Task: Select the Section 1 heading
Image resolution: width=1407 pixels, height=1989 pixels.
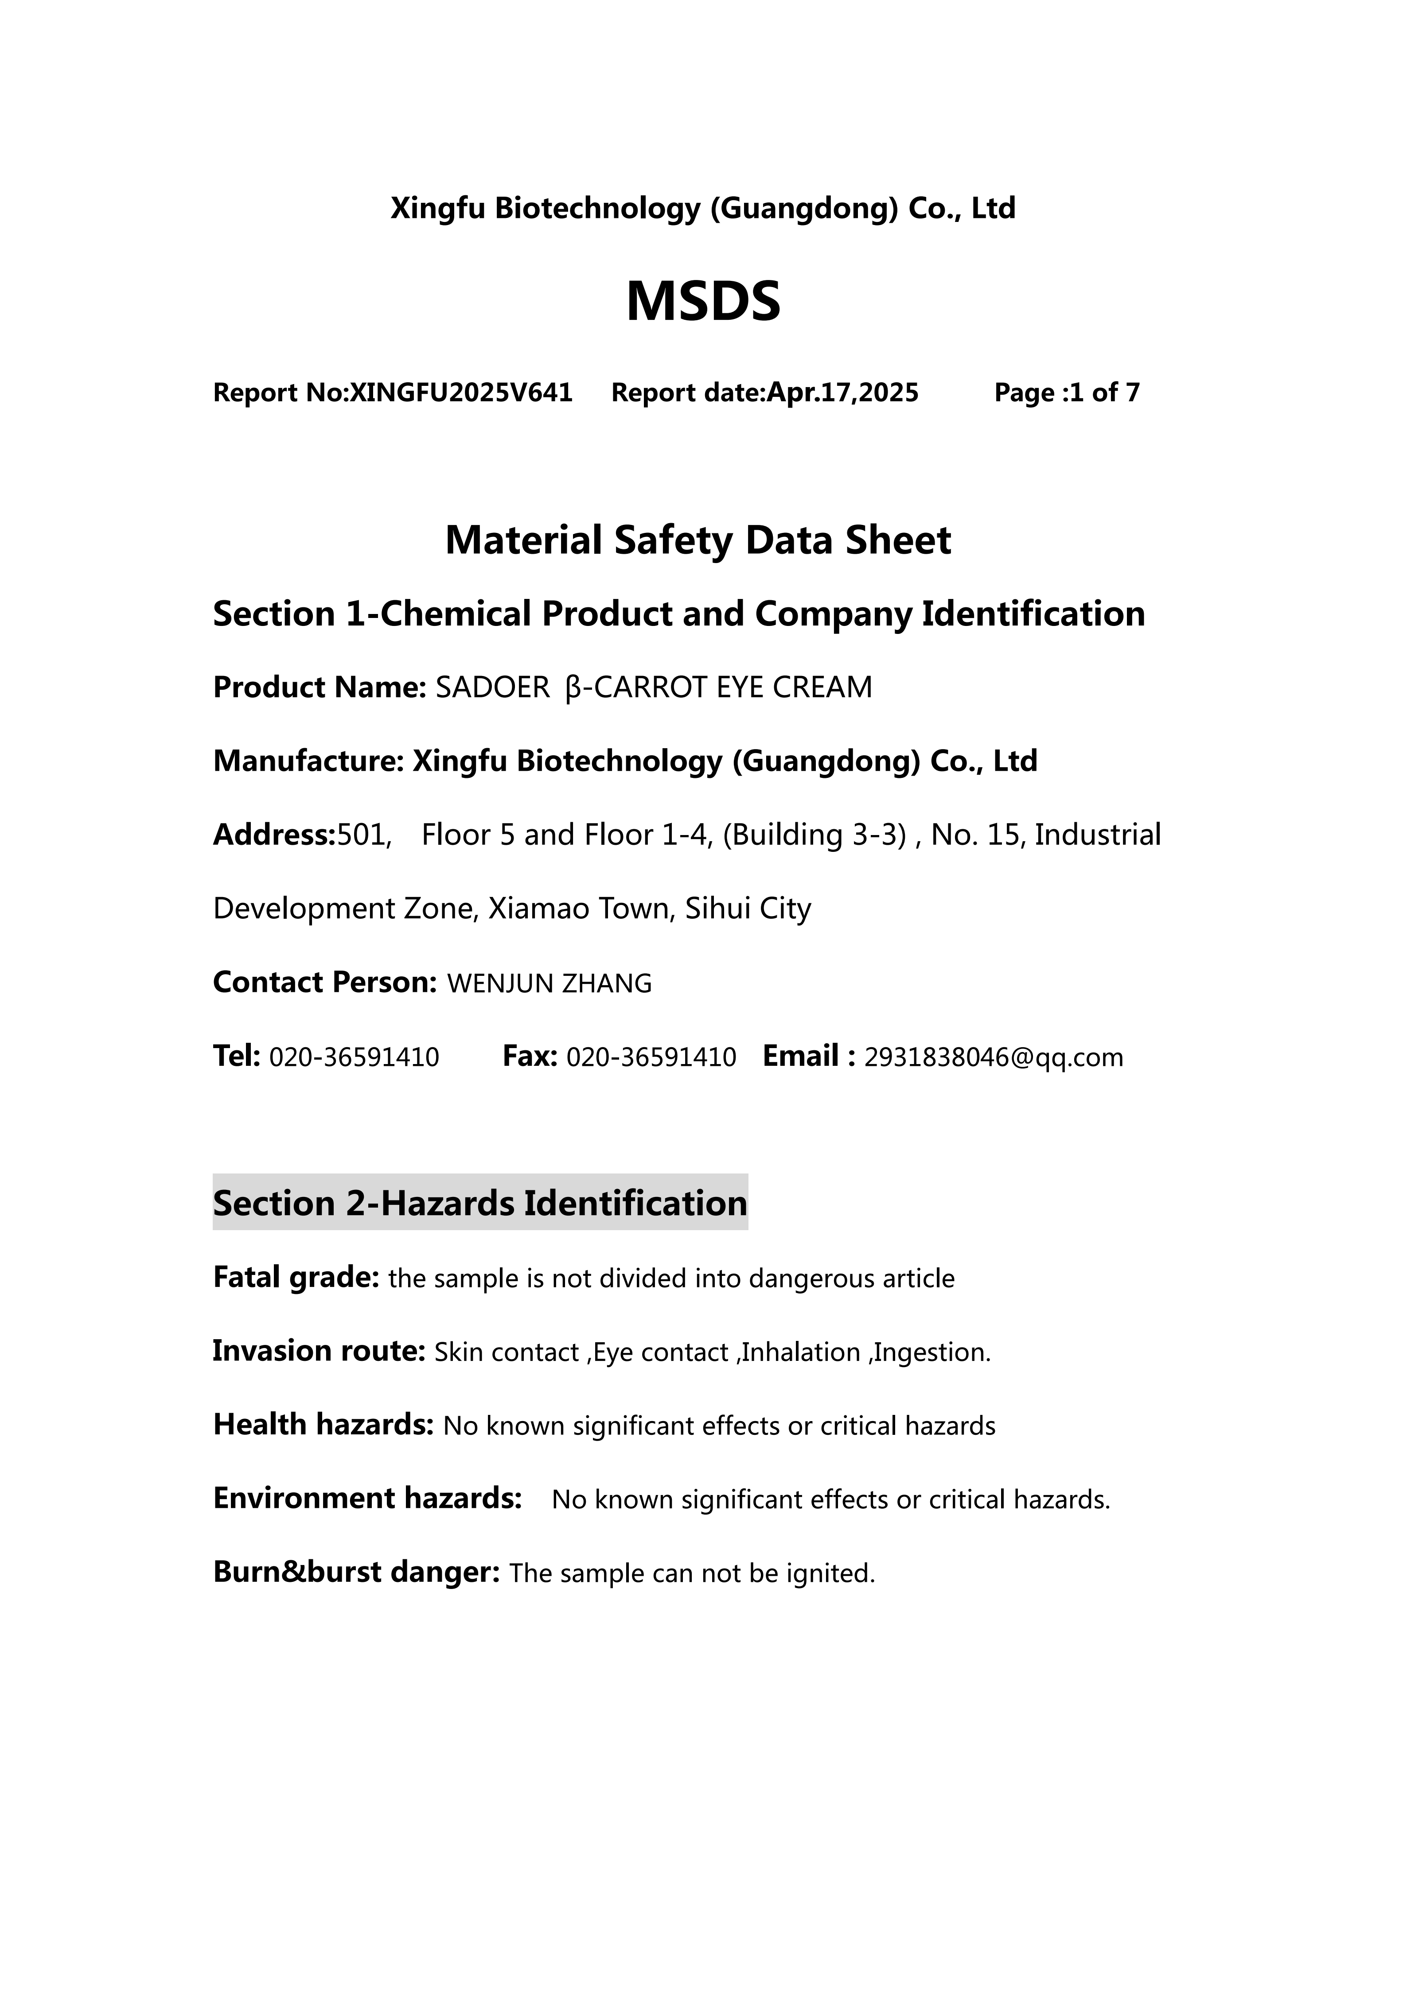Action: click(x=678, y=614)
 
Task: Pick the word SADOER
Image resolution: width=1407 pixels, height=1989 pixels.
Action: click(x=492, y=688)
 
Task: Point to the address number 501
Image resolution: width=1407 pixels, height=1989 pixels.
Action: click(x=363, y=835)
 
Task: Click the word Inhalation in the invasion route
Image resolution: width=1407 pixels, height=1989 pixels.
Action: click(x=800, y=1352)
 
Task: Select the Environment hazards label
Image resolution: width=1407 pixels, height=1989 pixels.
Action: click(x=367, y=1499)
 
